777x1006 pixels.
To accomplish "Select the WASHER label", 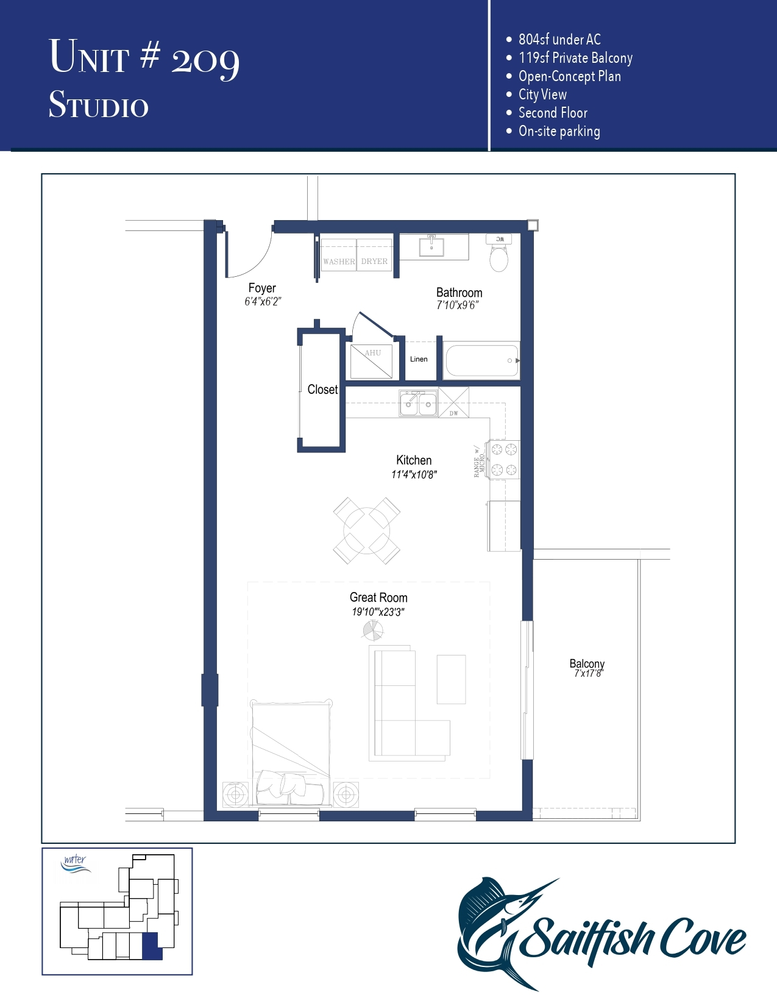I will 339,262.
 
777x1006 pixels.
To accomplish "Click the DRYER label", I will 374,262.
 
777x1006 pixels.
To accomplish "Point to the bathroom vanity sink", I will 431,247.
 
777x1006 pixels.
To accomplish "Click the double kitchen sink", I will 418,404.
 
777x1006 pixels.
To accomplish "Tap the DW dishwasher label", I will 453,413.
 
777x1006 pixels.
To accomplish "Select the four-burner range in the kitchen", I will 504,460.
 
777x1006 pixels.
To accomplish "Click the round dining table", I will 366,530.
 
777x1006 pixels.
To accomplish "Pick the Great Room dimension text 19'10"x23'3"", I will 378,612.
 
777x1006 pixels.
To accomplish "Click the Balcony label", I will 587,663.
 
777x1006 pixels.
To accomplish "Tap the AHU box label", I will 373,353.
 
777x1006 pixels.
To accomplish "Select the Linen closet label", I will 419,359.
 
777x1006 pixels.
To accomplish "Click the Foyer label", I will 262,288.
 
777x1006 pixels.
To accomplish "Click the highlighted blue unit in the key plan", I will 151,946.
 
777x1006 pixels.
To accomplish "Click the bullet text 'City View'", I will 542,95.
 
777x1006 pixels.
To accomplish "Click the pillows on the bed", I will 289,787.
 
